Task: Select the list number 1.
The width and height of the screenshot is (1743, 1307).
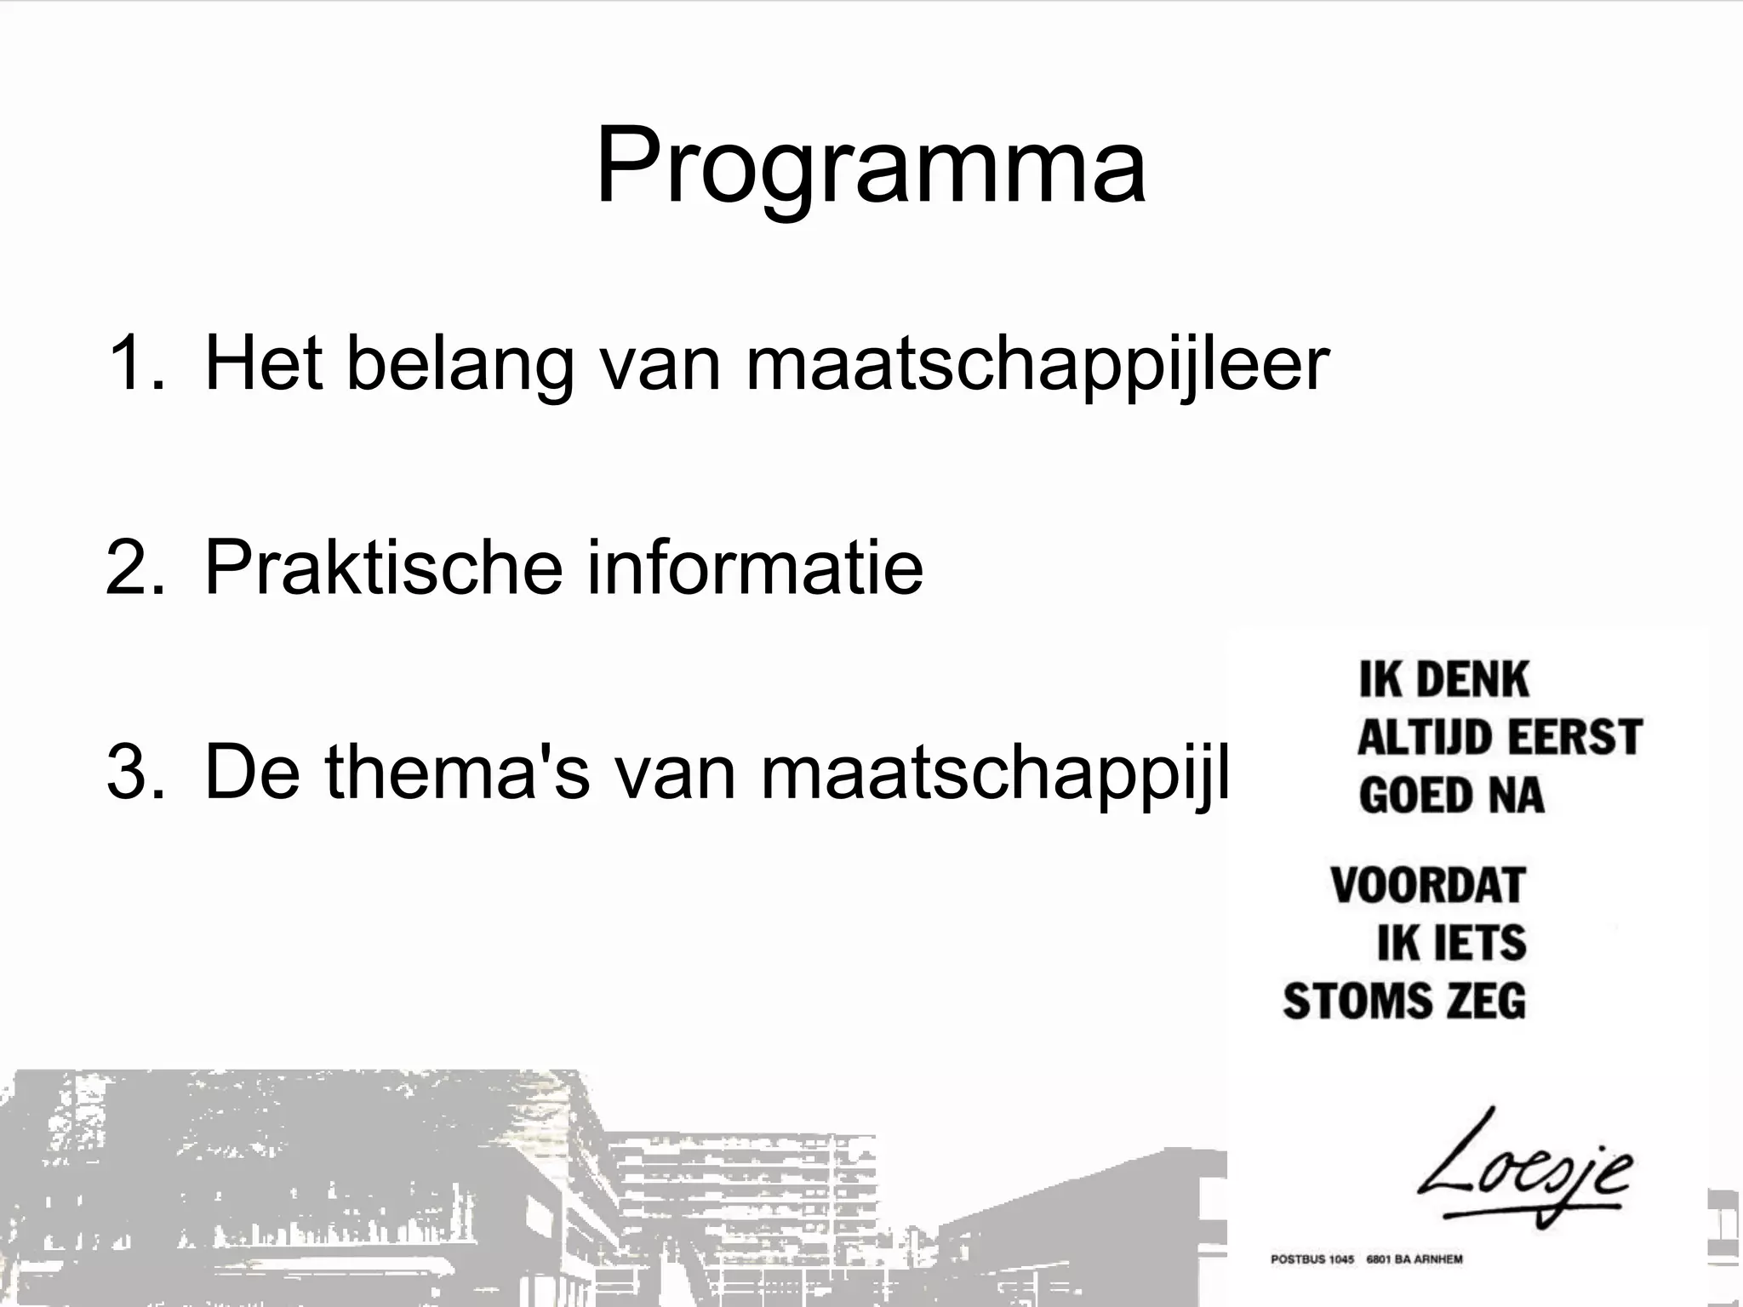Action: pos(134,364)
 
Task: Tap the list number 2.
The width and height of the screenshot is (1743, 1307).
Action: pos(134,568)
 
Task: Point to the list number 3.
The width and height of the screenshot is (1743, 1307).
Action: pos(134,773)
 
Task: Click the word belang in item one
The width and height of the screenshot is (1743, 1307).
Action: pos(460,364)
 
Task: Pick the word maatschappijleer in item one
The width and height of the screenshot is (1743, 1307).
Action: pos(1037,364)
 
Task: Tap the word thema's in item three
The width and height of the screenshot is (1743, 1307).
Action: pos(456,773)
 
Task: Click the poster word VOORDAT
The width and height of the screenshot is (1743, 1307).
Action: pos(1428,886)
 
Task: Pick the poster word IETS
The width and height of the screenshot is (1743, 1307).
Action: pos(1478,943)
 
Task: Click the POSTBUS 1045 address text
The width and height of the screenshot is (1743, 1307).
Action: pos(1312,1259)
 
